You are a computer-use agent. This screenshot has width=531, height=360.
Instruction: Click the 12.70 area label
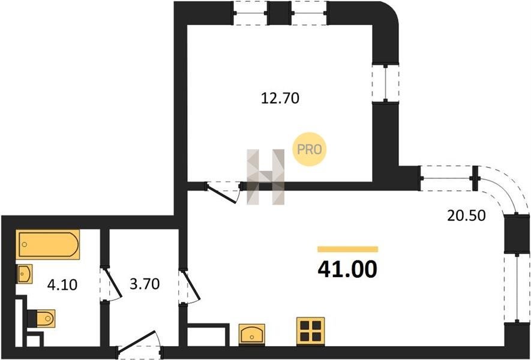280,98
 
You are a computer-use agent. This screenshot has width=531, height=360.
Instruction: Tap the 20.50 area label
466,215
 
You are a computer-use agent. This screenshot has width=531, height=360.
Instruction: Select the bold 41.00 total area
347,269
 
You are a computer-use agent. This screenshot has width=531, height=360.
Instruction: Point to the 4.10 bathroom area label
62,285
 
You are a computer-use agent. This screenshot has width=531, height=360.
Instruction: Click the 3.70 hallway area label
145,284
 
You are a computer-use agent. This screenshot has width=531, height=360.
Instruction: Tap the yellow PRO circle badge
309,149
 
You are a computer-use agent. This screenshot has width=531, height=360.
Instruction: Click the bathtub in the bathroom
48,245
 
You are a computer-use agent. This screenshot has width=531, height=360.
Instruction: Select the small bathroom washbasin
25,274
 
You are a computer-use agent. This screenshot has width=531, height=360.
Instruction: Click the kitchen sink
251,335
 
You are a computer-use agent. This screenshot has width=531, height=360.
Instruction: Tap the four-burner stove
311,332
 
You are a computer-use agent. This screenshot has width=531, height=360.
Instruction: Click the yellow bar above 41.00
347,250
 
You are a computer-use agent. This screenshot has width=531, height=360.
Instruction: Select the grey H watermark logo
265,177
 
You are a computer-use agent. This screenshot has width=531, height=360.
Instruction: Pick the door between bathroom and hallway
112,285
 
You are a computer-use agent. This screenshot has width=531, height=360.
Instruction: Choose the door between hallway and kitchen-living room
190,286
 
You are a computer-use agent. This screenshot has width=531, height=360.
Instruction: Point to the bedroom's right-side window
385,83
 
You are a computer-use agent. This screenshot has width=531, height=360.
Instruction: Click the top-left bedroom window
250,13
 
